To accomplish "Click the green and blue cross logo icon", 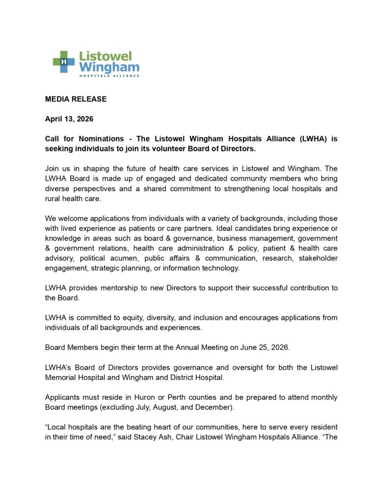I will coord(64,62).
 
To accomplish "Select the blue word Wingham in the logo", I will coord(109,67).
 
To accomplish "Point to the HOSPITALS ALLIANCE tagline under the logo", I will coord(109,76).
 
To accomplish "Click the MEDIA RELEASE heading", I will coord(76,99).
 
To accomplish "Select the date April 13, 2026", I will coord(69,119).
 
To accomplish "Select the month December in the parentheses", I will coord(216,407).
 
